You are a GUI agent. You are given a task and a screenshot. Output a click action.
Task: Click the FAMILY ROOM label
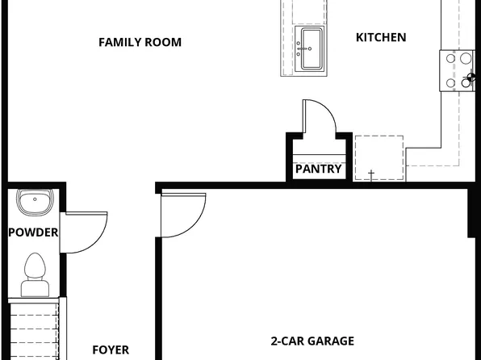[x=140, y=42]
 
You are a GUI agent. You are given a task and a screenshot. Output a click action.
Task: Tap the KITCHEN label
[x=381, y=37]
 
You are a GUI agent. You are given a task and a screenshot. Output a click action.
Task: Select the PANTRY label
[x=318, y=170]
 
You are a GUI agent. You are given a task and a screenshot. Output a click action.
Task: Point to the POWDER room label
[x=33, y=232]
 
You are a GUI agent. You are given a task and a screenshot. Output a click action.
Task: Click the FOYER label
[x=111, y=350]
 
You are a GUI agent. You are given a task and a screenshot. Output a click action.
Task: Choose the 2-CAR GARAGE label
[x=312, y=341]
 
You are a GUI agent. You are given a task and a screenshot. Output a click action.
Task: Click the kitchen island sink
[x=309, y=49]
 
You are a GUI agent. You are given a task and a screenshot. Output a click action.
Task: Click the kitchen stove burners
[x=458, y=69]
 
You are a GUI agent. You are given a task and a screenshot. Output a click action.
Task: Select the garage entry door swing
[x=182, y=215]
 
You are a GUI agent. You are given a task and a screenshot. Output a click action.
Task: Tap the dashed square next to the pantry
[x=379, y=157]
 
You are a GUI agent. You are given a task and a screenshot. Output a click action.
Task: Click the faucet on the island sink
[x=307, y=47]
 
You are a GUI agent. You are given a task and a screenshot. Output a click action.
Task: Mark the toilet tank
[x=35, y=287]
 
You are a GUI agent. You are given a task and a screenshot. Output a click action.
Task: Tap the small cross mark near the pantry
[x=372, y=174]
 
